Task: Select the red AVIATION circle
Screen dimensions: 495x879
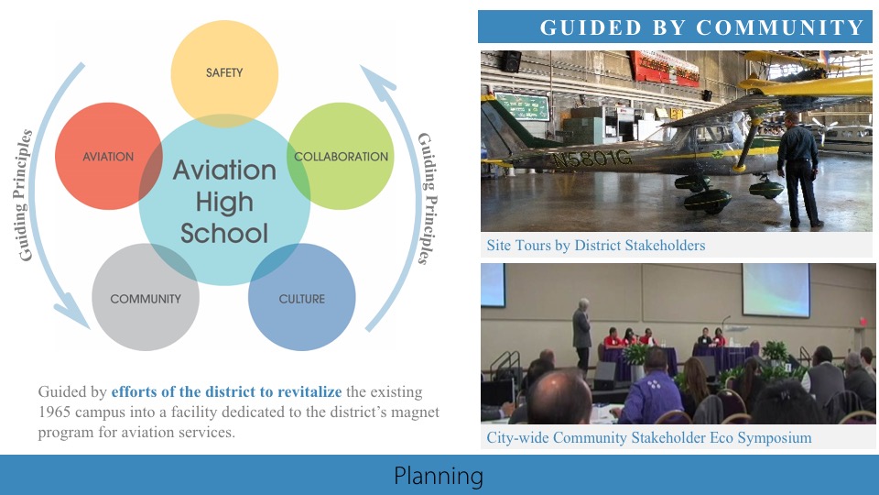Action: click(101, 156)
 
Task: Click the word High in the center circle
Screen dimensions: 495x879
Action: click(224, 202)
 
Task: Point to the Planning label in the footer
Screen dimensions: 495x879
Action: click(439, 476)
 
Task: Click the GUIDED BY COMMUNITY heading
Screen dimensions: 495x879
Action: click(702, 27)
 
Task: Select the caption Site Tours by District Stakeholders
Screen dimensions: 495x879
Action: click(596, 246)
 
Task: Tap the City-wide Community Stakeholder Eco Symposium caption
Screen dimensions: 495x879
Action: click(649, 437)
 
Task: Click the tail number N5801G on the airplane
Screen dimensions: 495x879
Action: click(591, 159)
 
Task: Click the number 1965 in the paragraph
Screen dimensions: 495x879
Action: click(56, 412)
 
